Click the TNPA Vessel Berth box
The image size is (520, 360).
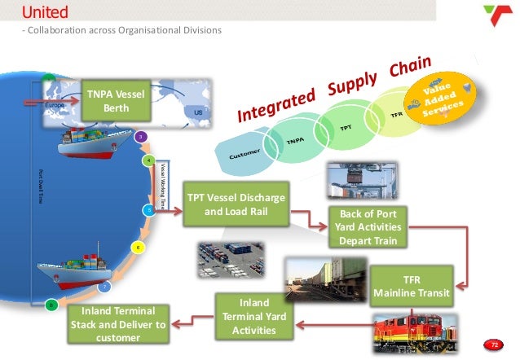coord(114,103)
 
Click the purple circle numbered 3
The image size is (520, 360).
coord(140,137)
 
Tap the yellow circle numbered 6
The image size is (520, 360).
coord(139,247)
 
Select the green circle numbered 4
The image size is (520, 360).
coord(149,161)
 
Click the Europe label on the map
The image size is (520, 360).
coord(54,106)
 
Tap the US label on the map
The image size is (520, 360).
coord(198,112)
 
